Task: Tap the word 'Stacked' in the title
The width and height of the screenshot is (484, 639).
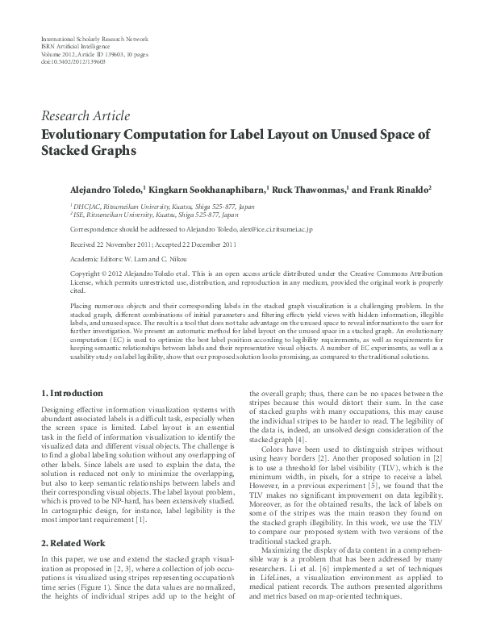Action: pos(67,150)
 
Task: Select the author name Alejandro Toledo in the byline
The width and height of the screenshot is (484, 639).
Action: pos(102,189)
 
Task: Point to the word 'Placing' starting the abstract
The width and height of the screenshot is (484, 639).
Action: pos(84,307)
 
